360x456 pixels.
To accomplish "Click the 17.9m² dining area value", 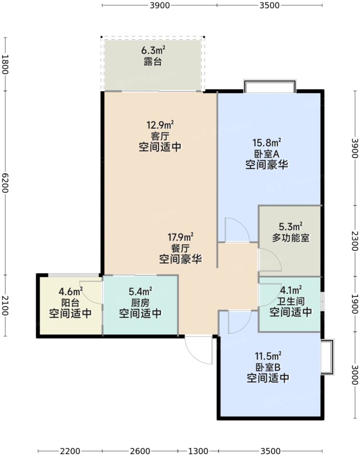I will [180, 237].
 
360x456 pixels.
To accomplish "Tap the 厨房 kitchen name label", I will [141, 303].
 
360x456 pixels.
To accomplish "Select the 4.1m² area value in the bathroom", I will [291, 290].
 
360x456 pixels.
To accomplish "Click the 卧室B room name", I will [268, 367].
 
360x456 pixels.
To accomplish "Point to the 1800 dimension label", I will [5, 65].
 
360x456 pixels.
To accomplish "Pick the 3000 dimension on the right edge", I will [354, 374].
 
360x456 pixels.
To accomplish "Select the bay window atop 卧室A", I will [269, 86].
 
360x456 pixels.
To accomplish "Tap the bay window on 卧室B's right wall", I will [327, 357].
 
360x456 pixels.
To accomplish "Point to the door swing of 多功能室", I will [269, 261].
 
